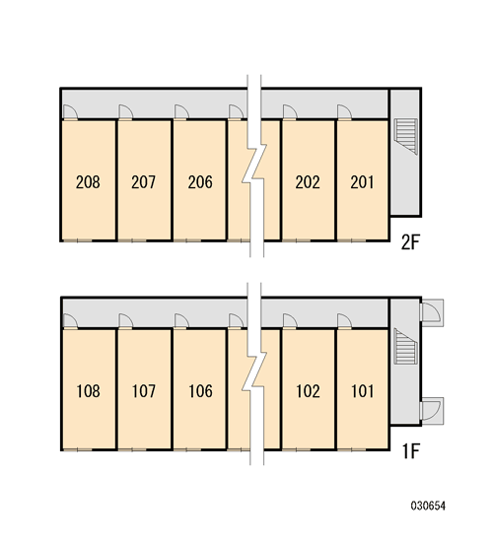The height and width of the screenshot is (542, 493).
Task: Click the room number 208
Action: coord(88,182)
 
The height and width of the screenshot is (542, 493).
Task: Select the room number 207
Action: coord(144,182)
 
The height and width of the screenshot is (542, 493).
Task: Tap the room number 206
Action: coord(200,182)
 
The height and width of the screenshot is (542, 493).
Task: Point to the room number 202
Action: coord(308,182)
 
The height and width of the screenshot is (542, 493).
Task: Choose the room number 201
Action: coord(362,182)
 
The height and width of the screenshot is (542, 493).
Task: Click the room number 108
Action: coord(88,391)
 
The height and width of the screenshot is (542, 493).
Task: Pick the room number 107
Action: coord(144,391)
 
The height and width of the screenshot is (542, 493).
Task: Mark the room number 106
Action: coord(201,391)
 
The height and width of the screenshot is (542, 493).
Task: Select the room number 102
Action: coord(308,391)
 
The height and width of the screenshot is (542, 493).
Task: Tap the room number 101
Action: coord(363,391)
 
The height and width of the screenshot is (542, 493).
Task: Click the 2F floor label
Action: coord(410,242)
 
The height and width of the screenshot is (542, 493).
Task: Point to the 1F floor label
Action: coord(411,451)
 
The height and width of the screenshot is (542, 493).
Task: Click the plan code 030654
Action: coord(428,507)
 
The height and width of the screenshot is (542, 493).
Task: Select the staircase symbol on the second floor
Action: coord(406,136)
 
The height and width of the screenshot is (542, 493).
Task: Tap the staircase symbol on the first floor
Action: coord(406,346)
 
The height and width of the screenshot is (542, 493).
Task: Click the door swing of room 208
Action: coord(71,111)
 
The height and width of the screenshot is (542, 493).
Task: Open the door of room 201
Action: coord(344,111)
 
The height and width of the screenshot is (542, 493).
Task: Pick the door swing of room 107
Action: coord(125,321)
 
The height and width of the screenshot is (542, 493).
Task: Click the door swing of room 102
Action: coord(290,321)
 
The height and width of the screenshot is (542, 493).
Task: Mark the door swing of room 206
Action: coord(181,111)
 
